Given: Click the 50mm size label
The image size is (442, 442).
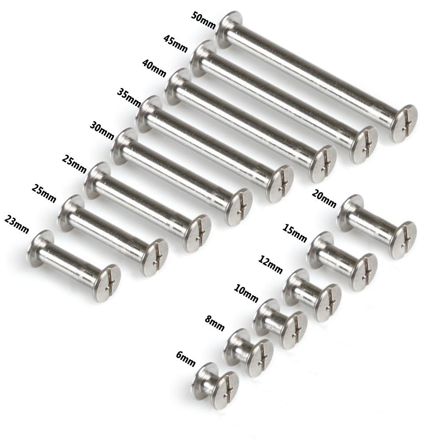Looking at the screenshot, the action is click(x=203, y=20).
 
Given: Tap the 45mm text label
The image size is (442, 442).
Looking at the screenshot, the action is click(x=175, y=44).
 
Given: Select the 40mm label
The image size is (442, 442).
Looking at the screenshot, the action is click(x=154, y=68).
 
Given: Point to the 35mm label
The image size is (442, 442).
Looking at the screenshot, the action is click(x=129, y=98).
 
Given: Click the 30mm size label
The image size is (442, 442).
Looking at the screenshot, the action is click(x=102, y=130).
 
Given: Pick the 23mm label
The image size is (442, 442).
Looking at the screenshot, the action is click(x=17, y=225).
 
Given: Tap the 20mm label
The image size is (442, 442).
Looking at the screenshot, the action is click(x=324, y=198).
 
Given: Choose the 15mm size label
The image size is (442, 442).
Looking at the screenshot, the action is click(x=294, y=233).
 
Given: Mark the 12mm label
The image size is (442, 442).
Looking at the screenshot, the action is click(x=271, y=264).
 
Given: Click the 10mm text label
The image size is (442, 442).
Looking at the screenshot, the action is click(x=246, y=293).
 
